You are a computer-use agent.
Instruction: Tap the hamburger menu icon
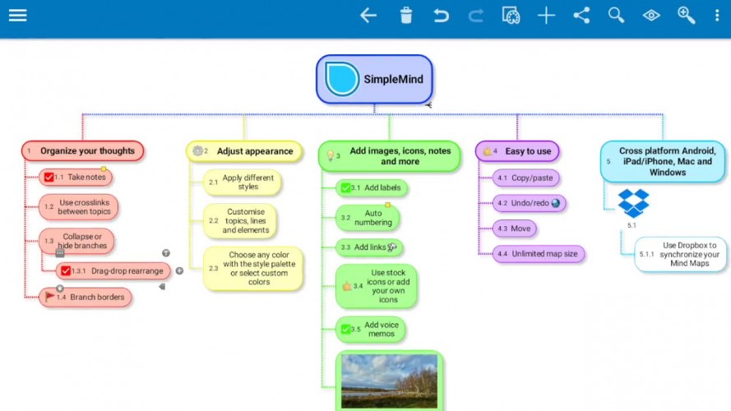pyautogui.click(x=18, y=16)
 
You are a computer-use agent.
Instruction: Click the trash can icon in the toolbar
pyautogui.click(x=406, y=16)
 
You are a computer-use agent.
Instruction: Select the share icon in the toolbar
pyautogui.click(x=581, y=16)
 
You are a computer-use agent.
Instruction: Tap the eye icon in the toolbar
pyautogui.click(x=651, y=16)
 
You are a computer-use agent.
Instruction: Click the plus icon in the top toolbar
pyautogui.click(x=546, y=16)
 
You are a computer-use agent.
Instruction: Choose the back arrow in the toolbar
pyautogui.click(x=368, y=16)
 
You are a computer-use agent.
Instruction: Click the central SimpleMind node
pyautogui.click(x=374, y=79)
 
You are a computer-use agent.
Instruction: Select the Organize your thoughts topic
pyautogui.click(x=82, y=151)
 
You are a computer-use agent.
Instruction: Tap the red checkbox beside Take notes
pyautogui.click(x=49, y=177)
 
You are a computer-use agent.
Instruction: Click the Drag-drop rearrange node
pyautogui.click(x=113, y=270)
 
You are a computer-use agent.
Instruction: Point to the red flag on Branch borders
pyautogui.click(x=49, y=296)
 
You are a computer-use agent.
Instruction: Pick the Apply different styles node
pyautogui.click(x=243, y=182)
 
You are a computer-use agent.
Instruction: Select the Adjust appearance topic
pyautogui.click(x=244, y=151)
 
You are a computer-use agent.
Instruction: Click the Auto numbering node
pyautogui.click(x=368, y=218)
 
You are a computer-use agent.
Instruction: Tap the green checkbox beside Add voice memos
pyautogui.click(x=345, y=330)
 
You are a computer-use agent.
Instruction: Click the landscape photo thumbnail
pyautogui.click(x=389, y=381)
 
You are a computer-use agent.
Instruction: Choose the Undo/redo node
pyautogui.click(x=530, y=203)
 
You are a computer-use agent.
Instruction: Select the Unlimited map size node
pyautogui.click(x=539, y=254)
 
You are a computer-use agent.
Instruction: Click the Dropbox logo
pyautogui.click(x=634, y=203)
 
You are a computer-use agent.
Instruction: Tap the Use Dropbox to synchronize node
pyautogui.click(x=681, y=255)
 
